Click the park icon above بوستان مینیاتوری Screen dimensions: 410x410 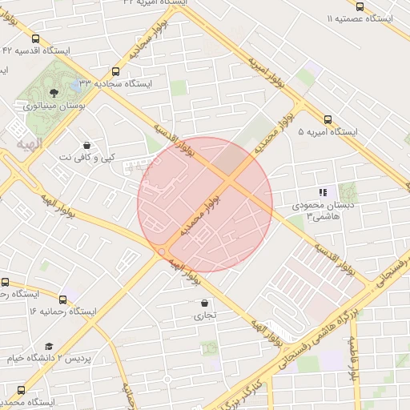(x=54, y=93)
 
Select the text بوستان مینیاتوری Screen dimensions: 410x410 (x=54, y=106)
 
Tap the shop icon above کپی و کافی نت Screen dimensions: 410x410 (x=87, y=145)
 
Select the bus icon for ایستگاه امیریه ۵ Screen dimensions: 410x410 (x=328, y=119)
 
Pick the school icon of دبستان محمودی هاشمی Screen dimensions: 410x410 (x=323, y=192)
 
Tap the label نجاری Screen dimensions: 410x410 (x=205, y=316)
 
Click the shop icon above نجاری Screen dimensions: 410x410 (x=205, y=303)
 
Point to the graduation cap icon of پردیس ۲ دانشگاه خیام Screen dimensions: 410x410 (x=49, y=346)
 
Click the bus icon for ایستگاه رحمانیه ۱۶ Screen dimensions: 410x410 (x=6, y=282)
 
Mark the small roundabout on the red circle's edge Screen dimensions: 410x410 (x=162, y=252)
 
